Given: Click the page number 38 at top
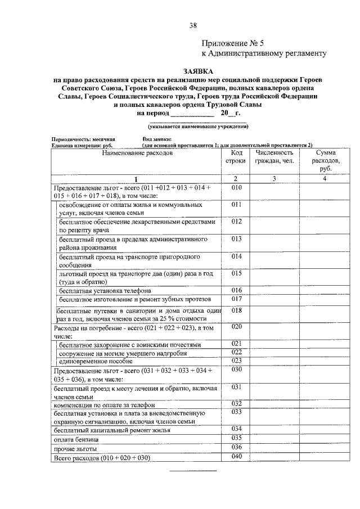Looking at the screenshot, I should [193, 25].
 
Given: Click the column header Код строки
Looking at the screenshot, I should [236, 157].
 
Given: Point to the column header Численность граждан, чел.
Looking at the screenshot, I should [274, 157].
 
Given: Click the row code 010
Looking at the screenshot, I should [236, 187].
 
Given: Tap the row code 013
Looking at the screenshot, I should [236, 239].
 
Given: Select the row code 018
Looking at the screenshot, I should [236, 310].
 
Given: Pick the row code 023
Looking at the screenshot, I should [236, 361].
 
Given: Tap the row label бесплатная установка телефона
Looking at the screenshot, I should [105, 291].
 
